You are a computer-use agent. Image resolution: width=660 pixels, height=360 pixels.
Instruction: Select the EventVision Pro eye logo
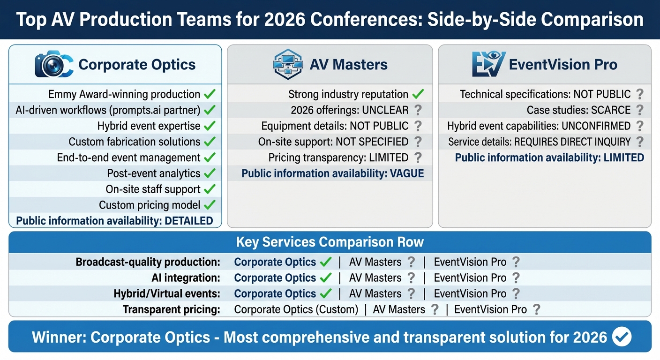488,64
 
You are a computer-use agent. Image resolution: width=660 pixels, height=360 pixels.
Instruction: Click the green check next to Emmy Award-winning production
210,94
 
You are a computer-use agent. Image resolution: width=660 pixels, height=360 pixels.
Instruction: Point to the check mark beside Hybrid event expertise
210,126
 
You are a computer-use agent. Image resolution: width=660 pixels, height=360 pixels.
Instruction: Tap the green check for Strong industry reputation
418,94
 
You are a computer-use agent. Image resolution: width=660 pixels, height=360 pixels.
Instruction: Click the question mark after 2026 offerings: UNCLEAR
418,110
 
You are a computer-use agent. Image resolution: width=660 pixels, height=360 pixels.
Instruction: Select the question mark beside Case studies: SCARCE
639,110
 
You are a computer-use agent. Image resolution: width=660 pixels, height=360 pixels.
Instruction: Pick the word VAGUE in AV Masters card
406,174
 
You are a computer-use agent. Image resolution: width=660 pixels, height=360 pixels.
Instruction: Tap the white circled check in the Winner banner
622,337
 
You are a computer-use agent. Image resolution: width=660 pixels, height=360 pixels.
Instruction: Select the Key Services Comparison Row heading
330,242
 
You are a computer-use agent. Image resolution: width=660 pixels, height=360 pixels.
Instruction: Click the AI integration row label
186,278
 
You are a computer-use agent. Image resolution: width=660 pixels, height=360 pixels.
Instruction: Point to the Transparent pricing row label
171,310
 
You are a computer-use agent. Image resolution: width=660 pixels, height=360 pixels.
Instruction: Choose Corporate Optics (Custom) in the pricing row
296,310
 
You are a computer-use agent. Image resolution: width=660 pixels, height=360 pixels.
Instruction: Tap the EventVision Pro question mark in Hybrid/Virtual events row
516,294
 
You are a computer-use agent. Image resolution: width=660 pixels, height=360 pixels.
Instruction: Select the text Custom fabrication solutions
135,142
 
